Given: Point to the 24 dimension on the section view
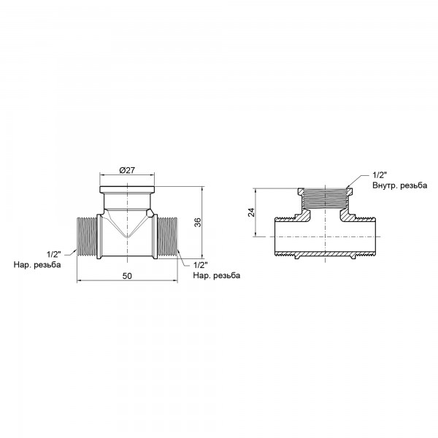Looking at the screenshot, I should [251, 212].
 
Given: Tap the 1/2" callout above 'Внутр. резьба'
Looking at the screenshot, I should [380, 175].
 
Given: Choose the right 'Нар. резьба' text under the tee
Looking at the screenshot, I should [216, 275].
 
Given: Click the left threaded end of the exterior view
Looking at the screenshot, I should [88, 237].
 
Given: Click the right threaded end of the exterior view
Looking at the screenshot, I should [167, 237].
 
